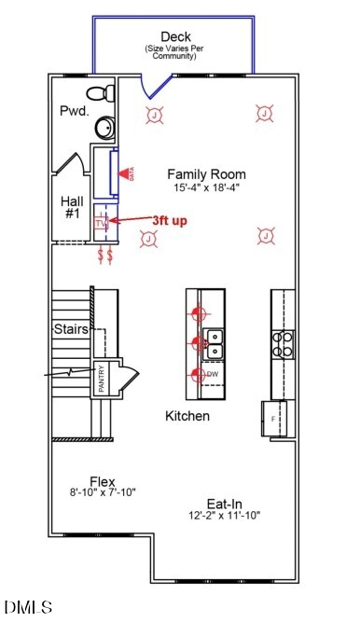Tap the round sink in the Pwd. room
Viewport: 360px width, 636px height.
coord(103,127)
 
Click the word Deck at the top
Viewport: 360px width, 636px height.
coord(175,35)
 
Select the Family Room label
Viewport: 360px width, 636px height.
coord(206,173)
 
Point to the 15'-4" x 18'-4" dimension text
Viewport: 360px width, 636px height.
coord(207,187)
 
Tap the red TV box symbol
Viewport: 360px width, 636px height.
coord(102,224)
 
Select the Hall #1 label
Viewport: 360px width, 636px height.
coord(73,207)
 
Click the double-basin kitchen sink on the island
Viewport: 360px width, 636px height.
coord(214,343)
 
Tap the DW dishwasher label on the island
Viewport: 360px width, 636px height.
coord(213,374)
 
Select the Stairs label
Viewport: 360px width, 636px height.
coord(71,329)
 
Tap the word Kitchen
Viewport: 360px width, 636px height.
coord(187,415)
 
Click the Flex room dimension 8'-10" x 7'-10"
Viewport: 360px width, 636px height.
coord(103,491)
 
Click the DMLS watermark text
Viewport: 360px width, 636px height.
coord(28,608)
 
